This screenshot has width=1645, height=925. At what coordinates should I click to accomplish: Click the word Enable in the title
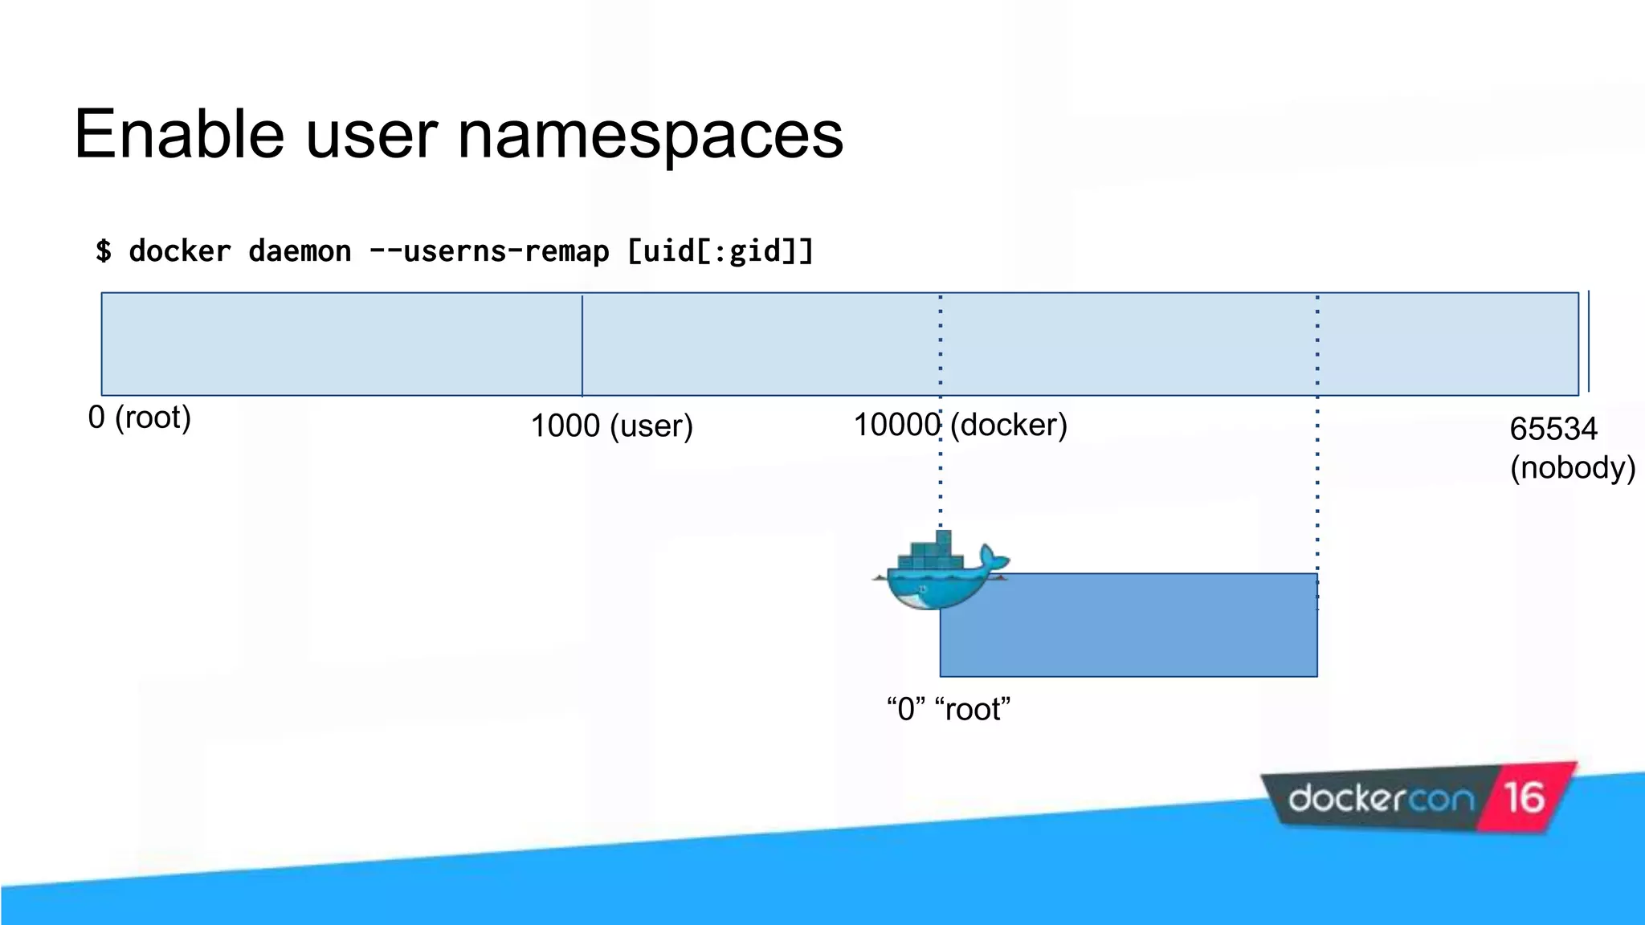pyautogui.click(x=179, y=135)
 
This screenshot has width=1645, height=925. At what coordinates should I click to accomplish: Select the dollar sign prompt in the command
pyautogui.click(x=103, y=251)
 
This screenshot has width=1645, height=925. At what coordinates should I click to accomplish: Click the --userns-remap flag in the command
pyautogui.click(x=488, y=251)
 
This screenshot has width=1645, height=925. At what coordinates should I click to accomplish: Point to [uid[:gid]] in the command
pyautogui.click(x=720, y=251)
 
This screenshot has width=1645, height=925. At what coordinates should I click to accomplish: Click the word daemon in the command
pyautogui.click(x=300, y=251)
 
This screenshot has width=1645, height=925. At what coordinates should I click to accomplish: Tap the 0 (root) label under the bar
pyautogui.click(x=139, y=418)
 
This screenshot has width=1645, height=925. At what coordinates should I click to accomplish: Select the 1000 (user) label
pyautogui.click(x=611, y=426)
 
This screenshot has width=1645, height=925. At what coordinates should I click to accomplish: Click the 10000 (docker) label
pyautogui.click(x=960, y=425)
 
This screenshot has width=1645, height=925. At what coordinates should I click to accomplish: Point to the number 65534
pyautogui.click(x=1553, y=429)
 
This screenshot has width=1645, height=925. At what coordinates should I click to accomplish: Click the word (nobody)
pyautogui.click(x=1572, y=467)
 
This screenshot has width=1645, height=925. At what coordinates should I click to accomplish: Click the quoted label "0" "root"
pyautogui.click(x=948, y=709)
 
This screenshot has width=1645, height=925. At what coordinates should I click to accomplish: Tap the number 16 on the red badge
pyautogui.click(x=1524, y=797)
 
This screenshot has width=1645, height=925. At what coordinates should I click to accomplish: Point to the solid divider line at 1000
pyautogui.click(x=582, y=345)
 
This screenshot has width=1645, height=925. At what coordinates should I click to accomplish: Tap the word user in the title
pyautogui.click(x=371, y=135)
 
